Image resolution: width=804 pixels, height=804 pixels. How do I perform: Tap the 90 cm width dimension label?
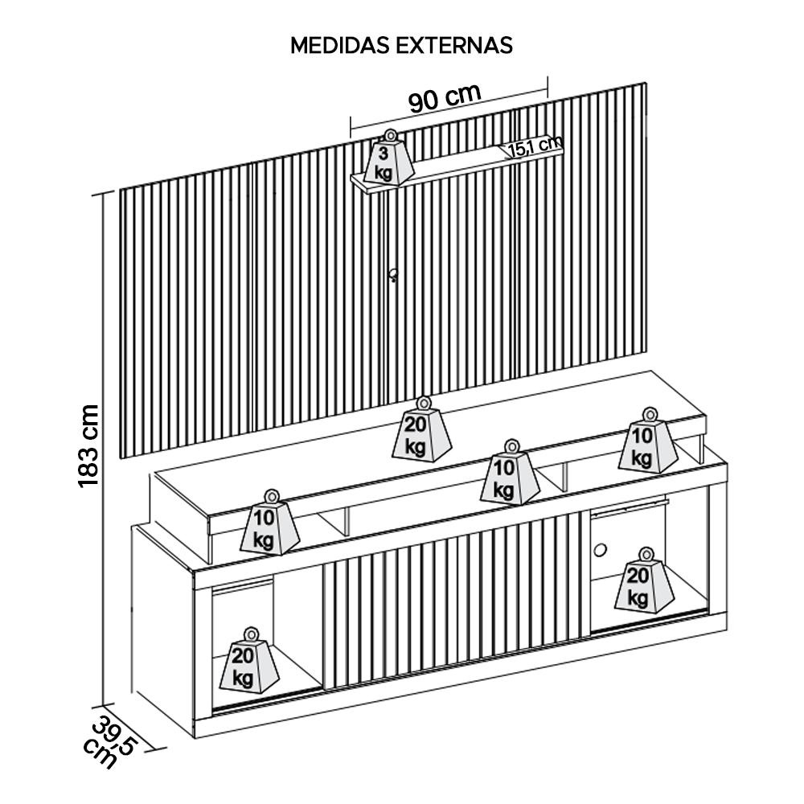click(x=444, y=98)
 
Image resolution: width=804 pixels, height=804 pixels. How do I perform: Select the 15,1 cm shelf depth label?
click(x=534, y=146)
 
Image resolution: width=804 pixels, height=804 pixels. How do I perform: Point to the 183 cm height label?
click(x=88, y=445)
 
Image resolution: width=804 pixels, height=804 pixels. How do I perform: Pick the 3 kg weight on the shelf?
click(x=389, y=162)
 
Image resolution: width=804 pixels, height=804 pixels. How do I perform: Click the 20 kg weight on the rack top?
click(x=422, y=435)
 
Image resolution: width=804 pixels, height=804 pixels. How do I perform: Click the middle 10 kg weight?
click(x=508, y=478)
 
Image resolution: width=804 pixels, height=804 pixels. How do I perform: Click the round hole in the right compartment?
click(x=600, y=550)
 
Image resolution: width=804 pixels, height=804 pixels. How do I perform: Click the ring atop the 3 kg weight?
click(x=390, y=134)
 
